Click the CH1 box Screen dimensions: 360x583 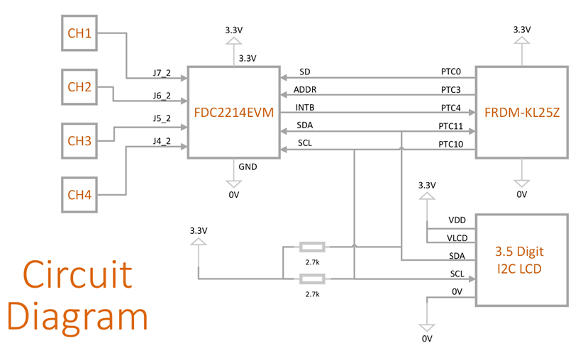(x=79, y=33)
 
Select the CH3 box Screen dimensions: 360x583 (x=79, y=141)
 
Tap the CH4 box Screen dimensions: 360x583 (x=79, y=195)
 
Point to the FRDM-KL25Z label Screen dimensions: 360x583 (x=521, y=112)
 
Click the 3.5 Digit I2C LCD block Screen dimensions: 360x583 (x=521, y=259)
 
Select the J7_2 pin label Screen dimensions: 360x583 (x=162, y=73)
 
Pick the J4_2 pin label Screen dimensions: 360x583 (x=162, y=141)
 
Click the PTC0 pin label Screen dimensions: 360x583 (x=451, y=72)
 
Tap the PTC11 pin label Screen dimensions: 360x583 (x=451, y=126)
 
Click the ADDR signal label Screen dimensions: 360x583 (x=305, y=90)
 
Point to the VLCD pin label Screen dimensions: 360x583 (x=457, y=238)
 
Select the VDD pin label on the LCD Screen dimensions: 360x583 (x=457, y=220)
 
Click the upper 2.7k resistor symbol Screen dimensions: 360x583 (x=312, y=247)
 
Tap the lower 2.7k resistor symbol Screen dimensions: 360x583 (x=312, y=279)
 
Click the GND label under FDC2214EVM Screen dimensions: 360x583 (x=248, y=167)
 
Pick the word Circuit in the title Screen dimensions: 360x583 (x=77, y=274)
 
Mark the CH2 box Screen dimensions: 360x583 (x=79, y=87)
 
